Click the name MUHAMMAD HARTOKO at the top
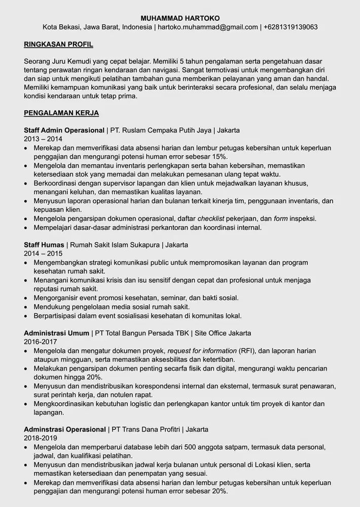(x=180, y=18)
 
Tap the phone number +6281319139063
(x=291, y=27)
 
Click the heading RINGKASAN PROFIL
(x=58, y=44)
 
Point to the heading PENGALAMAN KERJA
(x=61, y=113)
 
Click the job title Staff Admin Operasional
(x=64, y=130)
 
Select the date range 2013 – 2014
(x=43, y=139)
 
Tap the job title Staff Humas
(x=44, y=245)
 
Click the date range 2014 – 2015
(x=43, y=253)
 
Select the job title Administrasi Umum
(x=56, y=333)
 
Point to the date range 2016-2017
(x=41, y=342)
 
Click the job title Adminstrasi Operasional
(x=65, y=429)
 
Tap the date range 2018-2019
(x=41, y=438)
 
